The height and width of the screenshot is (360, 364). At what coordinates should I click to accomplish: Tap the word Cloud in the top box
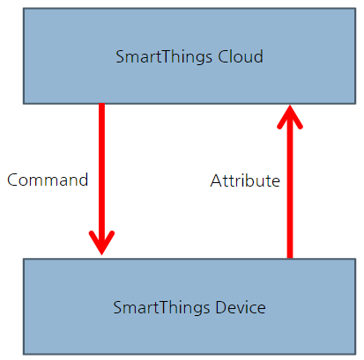pyautogui.click(x=242, y=57)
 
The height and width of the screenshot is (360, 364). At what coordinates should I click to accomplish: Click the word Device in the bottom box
pyautogui.click(x=241, y=308)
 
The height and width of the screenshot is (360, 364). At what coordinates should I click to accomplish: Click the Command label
pyautogui.click(x=48, y=180)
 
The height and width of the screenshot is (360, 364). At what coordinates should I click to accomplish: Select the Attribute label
pyautogui.click(x=245, y=181)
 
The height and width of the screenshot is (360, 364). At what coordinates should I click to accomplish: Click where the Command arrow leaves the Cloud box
pyautogui.click(x=101, y=106)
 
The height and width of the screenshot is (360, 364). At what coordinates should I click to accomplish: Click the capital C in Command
pyautogui.click(x=12, y=180)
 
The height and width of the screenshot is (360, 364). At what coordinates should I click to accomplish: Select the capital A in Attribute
pyautogui.click(x=216, y=181)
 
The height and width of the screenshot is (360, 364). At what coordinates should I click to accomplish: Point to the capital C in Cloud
pyautogui.click(x=225, y=57)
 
